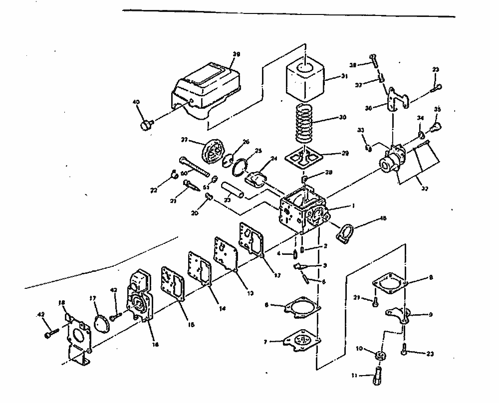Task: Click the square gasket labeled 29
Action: pos(300,159)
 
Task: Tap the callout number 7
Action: pos(266,342)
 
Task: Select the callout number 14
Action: pos(222,309)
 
